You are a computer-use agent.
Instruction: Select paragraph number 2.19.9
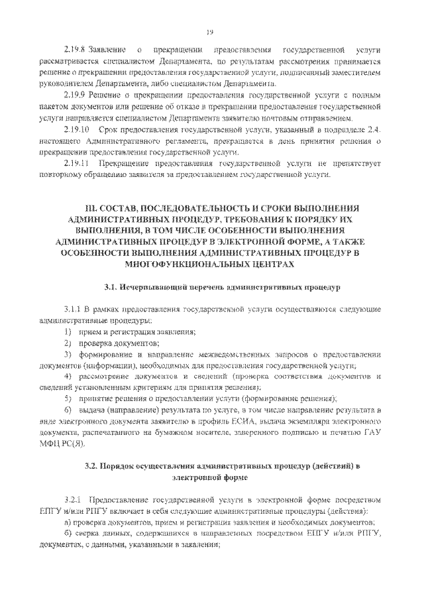click(x=76, y=95)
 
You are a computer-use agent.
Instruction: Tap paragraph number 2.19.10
click(x=77, y=129)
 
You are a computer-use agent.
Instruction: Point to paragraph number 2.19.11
click(x=77, y=163)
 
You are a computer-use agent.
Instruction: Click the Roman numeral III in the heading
click(x=91, y=208)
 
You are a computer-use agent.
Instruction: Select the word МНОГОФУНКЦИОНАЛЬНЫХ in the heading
click(x=178, y=263)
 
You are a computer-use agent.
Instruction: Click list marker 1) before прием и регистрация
click(x=68, y=331)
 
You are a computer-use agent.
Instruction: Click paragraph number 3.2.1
click(x=72, y=499)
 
